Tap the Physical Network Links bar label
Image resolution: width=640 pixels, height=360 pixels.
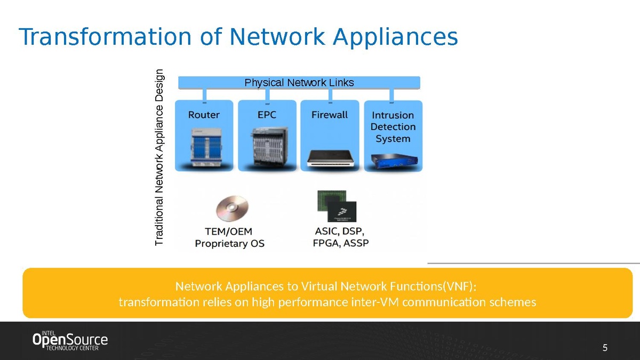[299, 83]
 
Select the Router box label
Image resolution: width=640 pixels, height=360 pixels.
[204, 115]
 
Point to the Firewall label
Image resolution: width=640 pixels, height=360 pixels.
[330, 115]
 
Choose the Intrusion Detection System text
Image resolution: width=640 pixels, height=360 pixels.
[393, 127]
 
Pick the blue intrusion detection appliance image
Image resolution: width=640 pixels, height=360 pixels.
[393, 159]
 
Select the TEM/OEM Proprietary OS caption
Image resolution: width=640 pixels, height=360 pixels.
[229, 238]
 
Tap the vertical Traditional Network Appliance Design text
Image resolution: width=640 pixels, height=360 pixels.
[160, 158]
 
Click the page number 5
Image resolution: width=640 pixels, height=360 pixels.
[605, 348]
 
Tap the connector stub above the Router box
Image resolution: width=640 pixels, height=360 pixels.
[204, 95]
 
